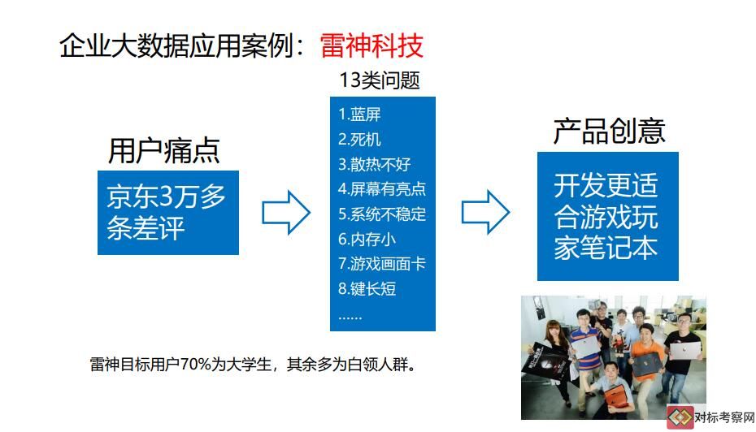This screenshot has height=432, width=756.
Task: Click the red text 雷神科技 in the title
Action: tap(371, 45)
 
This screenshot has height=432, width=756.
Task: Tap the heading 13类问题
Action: tap(380, 80)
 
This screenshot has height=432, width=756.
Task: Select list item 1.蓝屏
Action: tap(359, 114)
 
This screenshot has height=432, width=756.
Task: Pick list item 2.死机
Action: tap(359, 140)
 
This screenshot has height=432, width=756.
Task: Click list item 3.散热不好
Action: tap(374, 164)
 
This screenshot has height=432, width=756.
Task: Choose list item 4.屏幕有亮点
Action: tap(382, 188)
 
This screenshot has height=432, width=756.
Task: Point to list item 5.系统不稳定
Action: tap(382, 214)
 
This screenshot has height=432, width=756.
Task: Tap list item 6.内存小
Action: tap(367, 239)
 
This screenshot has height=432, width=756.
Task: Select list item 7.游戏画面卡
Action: tap(382, 263)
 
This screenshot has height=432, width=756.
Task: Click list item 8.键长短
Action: tap(367, 288)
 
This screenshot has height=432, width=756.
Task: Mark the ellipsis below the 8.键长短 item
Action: tap(350, 318)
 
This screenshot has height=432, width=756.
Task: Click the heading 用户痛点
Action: tap(164, 151)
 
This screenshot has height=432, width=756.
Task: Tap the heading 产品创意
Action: tap(609, 131)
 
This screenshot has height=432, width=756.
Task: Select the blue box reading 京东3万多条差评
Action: tap(168, 213)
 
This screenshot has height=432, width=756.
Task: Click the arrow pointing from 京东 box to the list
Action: tap(286, 213)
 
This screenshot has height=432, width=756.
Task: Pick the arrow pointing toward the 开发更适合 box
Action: tap(485, 212)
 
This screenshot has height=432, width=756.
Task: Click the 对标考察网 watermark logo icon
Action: tap(680, 417)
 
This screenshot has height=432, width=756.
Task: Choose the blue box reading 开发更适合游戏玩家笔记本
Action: tap(608, 216)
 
